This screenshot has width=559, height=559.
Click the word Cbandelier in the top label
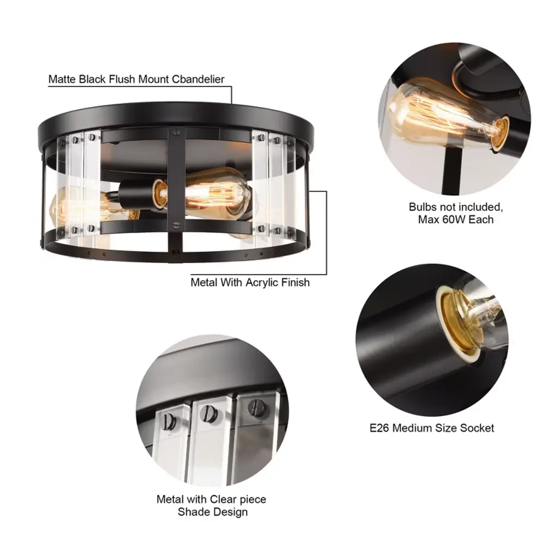198,79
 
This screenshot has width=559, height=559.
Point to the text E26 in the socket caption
379,428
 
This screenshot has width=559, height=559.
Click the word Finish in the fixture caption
295,283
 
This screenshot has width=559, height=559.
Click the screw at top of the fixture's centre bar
176,133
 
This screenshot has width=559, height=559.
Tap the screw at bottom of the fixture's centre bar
176,225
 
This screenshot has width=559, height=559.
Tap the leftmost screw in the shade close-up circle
168,421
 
